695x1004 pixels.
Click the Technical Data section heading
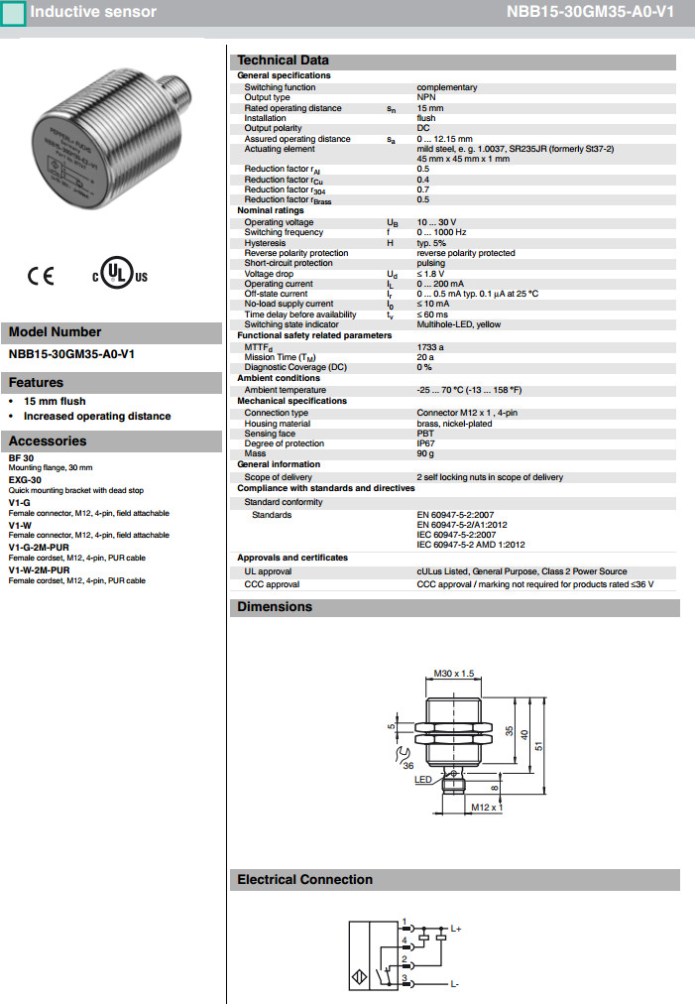284,61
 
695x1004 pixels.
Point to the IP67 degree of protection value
426,443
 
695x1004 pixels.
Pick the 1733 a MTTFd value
430,347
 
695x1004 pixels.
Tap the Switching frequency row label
284,232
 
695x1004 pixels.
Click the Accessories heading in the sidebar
48,441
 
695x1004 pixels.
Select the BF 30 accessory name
21,457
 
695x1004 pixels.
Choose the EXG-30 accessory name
25,479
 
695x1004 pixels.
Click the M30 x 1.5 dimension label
455,673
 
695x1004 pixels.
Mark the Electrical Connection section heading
305,880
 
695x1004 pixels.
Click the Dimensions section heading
275,607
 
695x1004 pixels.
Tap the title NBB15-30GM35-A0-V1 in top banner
604,12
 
